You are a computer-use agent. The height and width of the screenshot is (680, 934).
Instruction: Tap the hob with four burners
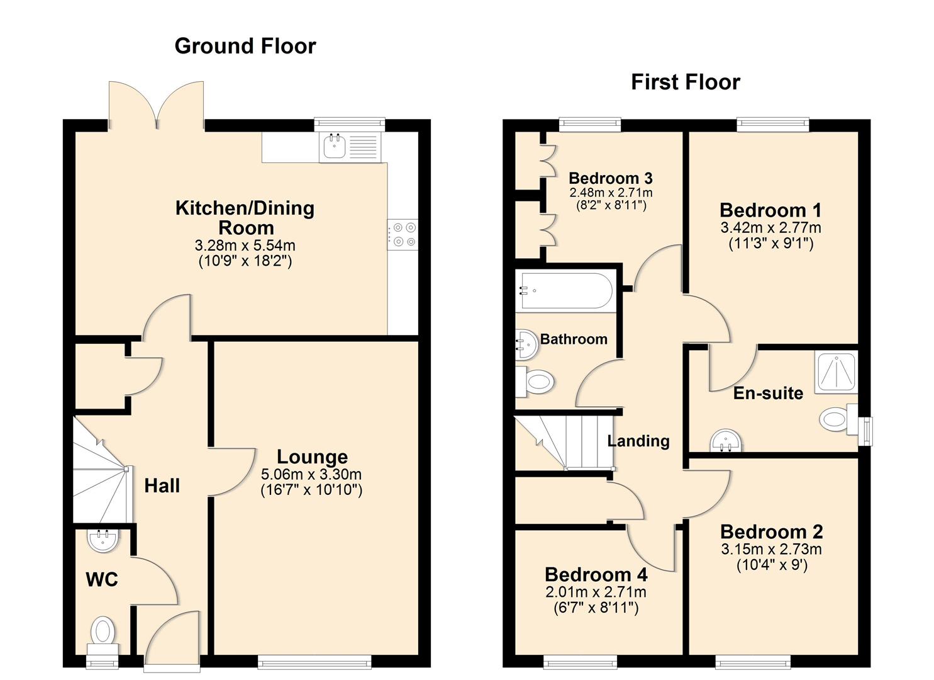403,234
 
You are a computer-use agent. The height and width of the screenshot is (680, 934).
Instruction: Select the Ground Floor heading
245,46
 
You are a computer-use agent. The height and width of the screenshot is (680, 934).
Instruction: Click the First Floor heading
685,82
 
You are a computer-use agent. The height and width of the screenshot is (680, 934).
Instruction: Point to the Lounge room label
312,456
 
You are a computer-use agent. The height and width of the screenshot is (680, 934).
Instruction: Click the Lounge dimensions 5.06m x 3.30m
311,474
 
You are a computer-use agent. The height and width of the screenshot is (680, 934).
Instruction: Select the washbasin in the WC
102,540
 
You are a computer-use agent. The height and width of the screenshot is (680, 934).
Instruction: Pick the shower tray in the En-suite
836,371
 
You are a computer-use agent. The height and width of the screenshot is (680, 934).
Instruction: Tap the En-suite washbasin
726,441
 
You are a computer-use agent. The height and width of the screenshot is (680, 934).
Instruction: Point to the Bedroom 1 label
770,210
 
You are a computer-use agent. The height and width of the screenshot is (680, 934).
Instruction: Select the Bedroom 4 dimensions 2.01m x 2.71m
596,592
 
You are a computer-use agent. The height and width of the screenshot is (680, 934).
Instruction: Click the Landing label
638,441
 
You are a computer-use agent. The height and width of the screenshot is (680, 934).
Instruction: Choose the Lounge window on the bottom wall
314,661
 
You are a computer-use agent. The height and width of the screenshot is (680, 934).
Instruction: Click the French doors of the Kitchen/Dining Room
156,104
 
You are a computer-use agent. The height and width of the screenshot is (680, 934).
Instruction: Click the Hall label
162,485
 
